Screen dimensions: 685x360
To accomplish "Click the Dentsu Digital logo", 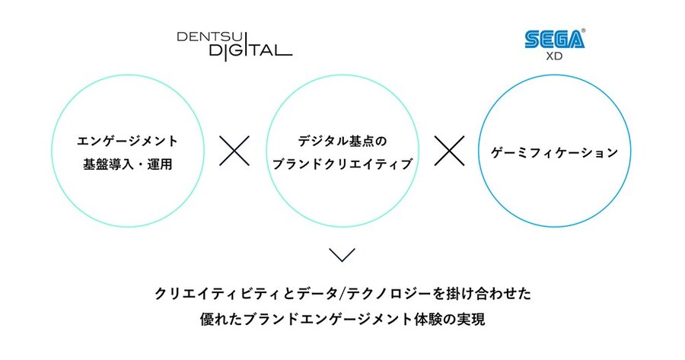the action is click(234, 45).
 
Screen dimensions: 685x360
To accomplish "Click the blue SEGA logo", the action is click(554, 39).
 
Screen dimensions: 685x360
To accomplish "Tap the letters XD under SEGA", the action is click(554, 56).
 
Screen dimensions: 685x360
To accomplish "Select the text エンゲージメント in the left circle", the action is click(127, 141).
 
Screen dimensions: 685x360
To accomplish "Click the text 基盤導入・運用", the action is click(127, 164).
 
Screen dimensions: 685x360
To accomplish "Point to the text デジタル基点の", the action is click(342, 141).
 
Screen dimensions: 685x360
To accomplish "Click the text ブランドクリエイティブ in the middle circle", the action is click(342, 164).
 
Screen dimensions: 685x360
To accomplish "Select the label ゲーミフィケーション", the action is click(554, 152).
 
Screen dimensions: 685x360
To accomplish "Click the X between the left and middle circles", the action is click(234, 151).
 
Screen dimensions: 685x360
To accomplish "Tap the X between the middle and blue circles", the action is click(449, 151).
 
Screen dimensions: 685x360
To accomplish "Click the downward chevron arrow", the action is click(342, 255).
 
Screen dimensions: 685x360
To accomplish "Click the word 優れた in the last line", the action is click(221, 319).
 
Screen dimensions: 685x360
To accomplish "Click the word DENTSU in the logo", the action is click(206, 37).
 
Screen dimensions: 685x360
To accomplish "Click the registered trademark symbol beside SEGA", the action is click(583, 31).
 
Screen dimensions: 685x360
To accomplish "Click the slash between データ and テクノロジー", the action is click(342, 294).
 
